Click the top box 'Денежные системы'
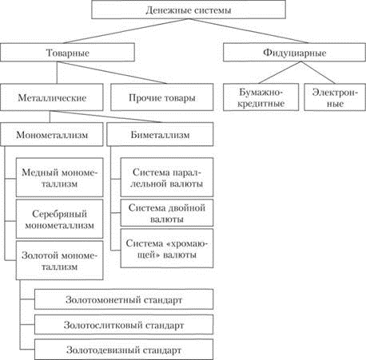pyautogui.click(x=189, y=10)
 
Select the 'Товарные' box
pyautogui.click(x=67, y=53)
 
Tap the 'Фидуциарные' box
pyautogui.click(x=294, y=53)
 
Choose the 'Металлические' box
pyautogui.click(x=52, y=97)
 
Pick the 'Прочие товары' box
pyautogui.click(x=162, y=97)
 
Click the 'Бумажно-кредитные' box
pyautogui.click(x=261, y=97)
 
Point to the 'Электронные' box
pyautogui.click(x=335, y=97)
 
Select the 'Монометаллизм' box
pyautogui.click(x=52, y=134)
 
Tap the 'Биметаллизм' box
pyautogui.click(x=160, y=134)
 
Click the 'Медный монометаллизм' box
pyautogui.click(x=59, y=177)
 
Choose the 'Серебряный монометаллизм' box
pyautogui.click(x=59, y=219)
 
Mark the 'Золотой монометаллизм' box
pyautogui.click(x=59, y=260)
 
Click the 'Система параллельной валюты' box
pyautogui.click(x=167, y=177)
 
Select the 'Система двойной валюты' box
pyautogui.click(x=167, y=213)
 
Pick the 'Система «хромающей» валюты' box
pyautogui.click(x=167, y=248)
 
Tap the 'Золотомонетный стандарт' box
pyautogui.click(x=124, y=299)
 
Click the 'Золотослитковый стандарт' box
pyautogui.click(x=124, y=325)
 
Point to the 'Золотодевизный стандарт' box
pyautogui.click(x=124, y=350)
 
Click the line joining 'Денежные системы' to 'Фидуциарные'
pyautogui.click(x=249, y=31)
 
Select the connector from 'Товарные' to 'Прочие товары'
pyautogui.click(x=112, y=73)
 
